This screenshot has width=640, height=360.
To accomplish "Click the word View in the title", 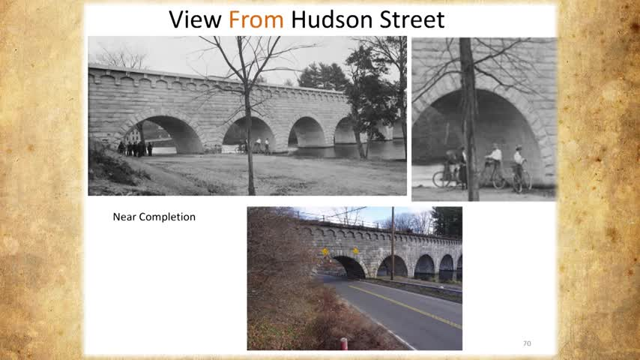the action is [x=195, y=19].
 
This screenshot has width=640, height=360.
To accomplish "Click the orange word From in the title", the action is [x=256, y=19].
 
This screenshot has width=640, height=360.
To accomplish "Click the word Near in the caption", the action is [x=124, y=217].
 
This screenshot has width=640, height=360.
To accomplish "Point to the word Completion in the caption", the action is [x=167, y=217].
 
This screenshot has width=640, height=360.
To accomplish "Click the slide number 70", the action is [x=527, y=343].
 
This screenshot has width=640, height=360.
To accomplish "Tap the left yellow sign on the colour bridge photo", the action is [x=325, y=252].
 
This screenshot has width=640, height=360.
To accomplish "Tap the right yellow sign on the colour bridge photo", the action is [x=355, y=251].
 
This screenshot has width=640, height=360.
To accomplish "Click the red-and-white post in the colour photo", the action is [x=344, y=343].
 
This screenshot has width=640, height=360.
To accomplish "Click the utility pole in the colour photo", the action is [x=393, y=244].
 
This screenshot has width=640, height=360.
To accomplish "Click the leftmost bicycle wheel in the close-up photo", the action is [x=441, y=178].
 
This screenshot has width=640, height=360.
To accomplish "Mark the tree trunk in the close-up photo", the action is [x=470, y=118].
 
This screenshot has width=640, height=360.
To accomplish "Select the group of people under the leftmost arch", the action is [x=135, y=148].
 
